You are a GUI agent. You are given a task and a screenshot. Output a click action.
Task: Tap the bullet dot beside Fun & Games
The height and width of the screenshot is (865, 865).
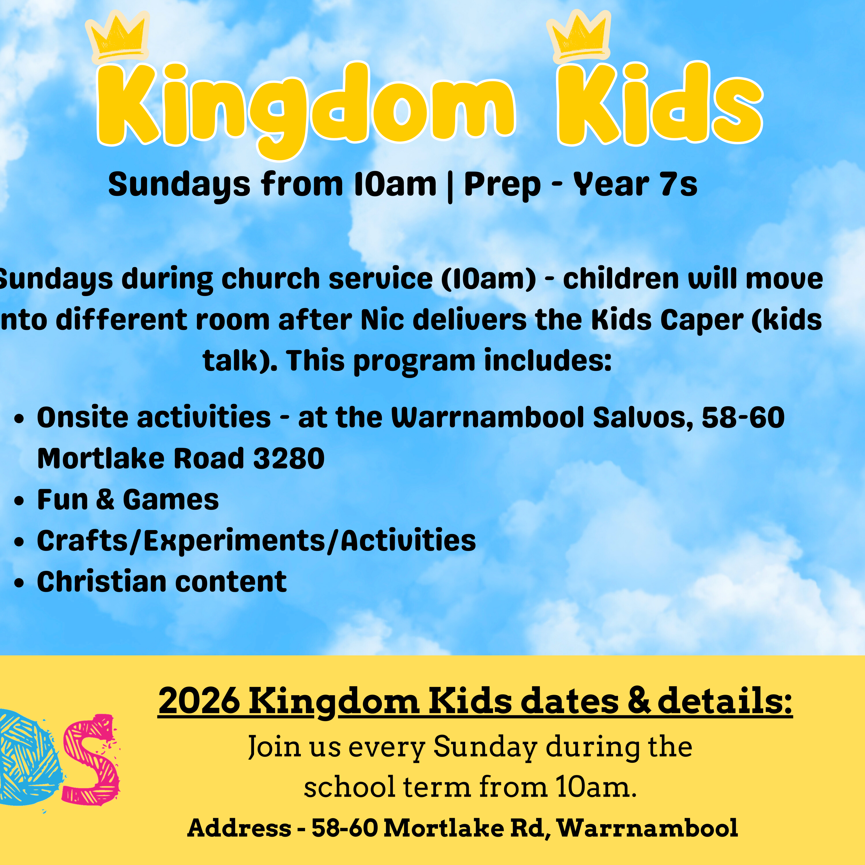click(x=19, y=501)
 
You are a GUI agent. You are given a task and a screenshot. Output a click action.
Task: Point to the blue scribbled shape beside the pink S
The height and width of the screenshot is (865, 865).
click(x=27, y=759)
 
